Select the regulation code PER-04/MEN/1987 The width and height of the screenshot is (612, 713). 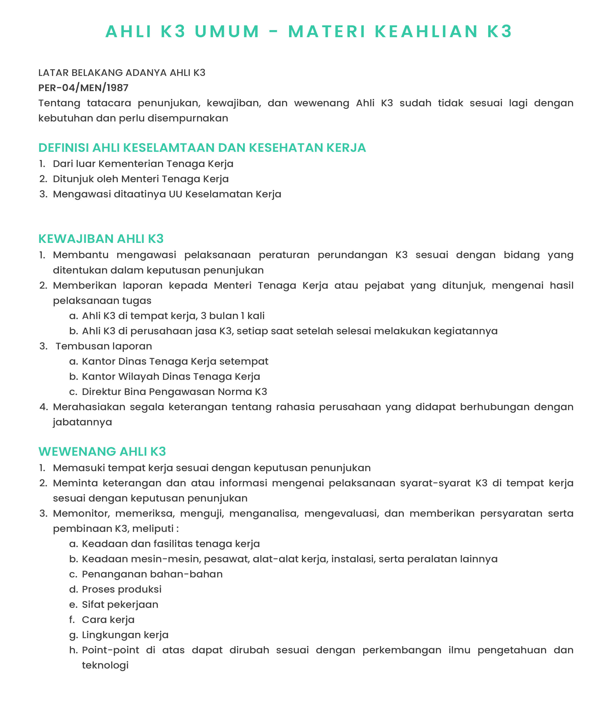coord(83,88)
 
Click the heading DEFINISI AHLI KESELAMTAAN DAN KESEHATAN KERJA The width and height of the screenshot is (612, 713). coord(202,148)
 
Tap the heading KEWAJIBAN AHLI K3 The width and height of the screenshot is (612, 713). coord(101,239)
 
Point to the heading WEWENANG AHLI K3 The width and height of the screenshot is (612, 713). coord(102,452)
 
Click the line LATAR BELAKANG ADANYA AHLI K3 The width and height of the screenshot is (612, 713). coord(122,73)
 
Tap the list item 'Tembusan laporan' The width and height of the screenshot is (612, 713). coord(104,346)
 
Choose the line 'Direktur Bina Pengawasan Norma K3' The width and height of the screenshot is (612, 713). coord(175,392)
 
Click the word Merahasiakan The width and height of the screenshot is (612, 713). coord(89,407)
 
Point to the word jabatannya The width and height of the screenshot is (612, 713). coord(83,422)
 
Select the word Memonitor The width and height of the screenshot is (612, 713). coord(81,513)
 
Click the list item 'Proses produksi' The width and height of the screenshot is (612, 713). coord(121,589)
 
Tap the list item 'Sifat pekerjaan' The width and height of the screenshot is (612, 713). coord(120,604)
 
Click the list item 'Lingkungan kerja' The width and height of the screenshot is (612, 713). coord(125,635)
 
